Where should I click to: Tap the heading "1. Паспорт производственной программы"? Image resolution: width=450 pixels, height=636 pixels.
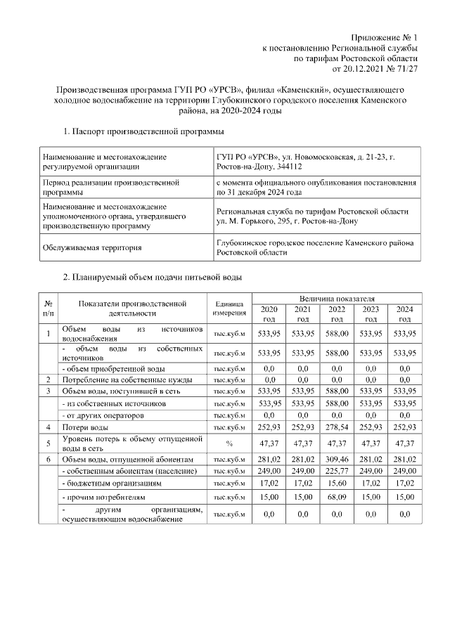coord(143,131)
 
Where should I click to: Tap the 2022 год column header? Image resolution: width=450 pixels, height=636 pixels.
coord(337,314)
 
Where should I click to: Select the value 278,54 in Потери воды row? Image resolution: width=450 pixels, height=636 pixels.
coord(337,427)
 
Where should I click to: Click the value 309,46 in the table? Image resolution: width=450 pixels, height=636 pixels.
coord(337,459)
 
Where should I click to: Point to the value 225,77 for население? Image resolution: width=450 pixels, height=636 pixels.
coord(337,470)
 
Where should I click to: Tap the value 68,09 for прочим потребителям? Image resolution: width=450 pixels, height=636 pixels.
coord(337,498)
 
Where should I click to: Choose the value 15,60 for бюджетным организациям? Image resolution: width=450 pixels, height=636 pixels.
coord(337,484)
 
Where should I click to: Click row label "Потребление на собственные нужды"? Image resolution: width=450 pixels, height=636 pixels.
coord(125,379)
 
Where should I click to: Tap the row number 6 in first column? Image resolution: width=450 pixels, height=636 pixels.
coord(48,459)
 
